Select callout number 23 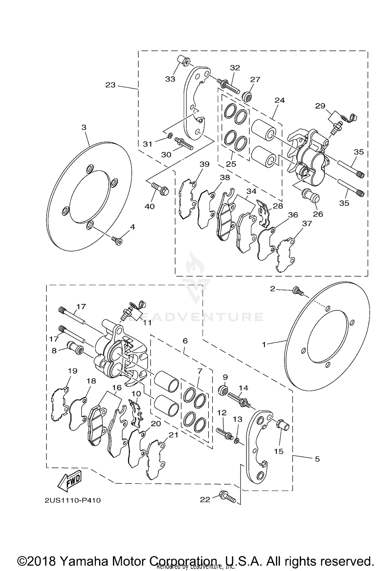click(x=110, y=85)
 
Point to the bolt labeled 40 click(x=160, y=189)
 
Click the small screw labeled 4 click(x=117, y=240)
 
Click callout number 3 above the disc click(x=84, y=127)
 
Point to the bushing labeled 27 click(x=247, y=97)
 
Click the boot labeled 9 click(x=223, y=391)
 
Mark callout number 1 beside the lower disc click(x=264, y=345)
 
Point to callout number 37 click(x=307, y=223)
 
